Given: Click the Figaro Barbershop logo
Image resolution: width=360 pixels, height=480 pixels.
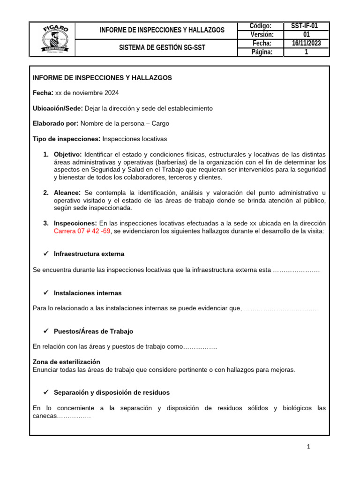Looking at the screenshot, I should tap(56, 39).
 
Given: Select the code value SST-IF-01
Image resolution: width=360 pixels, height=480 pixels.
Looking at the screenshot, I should tap(307, 26).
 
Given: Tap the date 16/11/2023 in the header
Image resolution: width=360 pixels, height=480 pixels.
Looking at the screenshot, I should tap(307, 43).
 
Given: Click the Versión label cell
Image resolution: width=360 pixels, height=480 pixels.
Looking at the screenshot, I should tap(262, 35).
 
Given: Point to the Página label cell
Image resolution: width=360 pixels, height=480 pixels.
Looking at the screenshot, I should tap(262, 52).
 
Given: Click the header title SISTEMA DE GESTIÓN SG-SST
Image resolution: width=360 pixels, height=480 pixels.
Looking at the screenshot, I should tap(162, 48).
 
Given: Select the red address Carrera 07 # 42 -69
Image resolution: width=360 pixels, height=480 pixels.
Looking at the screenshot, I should tap(82, 231).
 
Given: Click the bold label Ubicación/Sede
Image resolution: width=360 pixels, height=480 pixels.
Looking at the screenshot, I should tap(58, 108).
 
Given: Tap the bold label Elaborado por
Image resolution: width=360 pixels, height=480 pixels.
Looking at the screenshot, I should tap(56, 124).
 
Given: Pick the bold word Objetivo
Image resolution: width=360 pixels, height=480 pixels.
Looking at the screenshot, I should tap(68, 154).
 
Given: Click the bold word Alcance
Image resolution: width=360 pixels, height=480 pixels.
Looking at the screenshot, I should tap(67, 193).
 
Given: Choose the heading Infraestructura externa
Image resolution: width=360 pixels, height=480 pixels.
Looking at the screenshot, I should tap(89, 254).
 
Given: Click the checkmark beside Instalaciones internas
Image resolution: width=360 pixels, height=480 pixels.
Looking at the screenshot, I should tap(46, 292).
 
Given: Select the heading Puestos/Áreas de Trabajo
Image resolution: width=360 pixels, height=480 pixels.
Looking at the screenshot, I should tap(93, 331).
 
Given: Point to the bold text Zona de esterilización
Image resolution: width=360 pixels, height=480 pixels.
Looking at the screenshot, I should tap(66, 362).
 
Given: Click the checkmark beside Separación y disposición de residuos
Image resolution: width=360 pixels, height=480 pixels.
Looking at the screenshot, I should tap(46, 392).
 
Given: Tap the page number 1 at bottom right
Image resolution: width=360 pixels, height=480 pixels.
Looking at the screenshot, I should tap(308, 447).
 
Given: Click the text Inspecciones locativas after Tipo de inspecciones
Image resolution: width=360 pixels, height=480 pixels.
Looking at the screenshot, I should tap(135, 139).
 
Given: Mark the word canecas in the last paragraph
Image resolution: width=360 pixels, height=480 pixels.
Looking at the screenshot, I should tap(45, 416).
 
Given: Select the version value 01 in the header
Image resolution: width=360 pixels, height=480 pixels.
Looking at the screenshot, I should tap(307, 35).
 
